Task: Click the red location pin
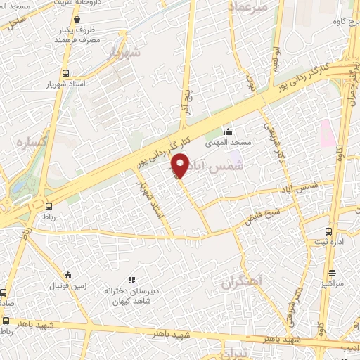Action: (181, 166)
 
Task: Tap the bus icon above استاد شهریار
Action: (65, 72)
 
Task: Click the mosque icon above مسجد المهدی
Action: (227, 131)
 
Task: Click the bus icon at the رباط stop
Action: (49, 206)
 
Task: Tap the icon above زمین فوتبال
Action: (67, 275)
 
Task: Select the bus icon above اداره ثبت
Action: (328, 231)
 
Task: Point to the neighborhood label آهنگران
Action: (240, 282)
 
